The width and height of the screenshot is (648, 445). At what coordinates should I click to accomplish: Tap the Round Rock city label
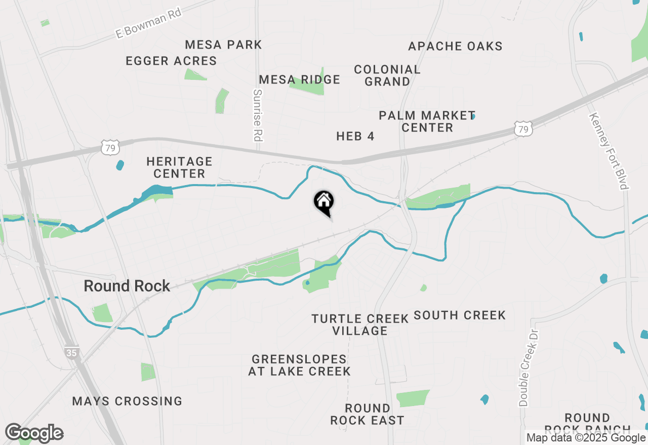coord(127,286)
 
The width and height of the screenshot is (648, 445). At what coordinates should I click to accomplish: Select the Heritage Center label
coord(179,167)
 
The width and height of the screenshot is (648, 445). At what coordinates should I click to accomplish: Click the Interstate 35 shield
coord(71,352)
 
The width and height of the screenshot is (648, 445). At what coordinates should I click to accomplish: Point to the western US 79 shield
coord(110,148)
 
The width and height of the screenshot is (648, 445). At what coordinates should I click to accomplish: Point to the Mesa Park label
coord(223,45)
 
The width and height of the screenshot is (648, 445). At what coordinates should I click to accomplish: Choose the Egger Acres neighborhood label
coord(171,61)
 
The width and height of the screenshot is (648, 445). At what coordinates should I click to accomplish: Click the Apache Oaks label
coord(455,46)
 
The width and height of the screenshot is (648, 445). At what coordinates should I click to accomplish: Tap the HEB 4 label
coord(355,136)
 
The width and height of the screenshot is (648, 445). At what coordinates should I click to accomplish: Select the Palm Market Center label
coord(427,121)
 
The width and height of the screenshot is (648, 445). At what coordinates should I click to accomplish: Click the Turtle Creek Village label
coord(360,325)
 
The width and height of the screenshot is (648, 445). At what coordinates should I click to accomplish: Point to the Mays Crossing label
coord(127,401)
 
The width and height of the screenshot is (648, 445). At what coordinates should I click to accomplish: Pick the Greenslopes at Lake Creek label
coord(299,365)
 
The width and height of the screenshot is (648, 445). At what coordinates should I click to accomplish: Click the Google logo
coord(34,433)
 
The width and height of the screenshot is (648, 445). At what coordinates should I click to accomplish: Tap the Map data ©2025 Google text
coord(586,437)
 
